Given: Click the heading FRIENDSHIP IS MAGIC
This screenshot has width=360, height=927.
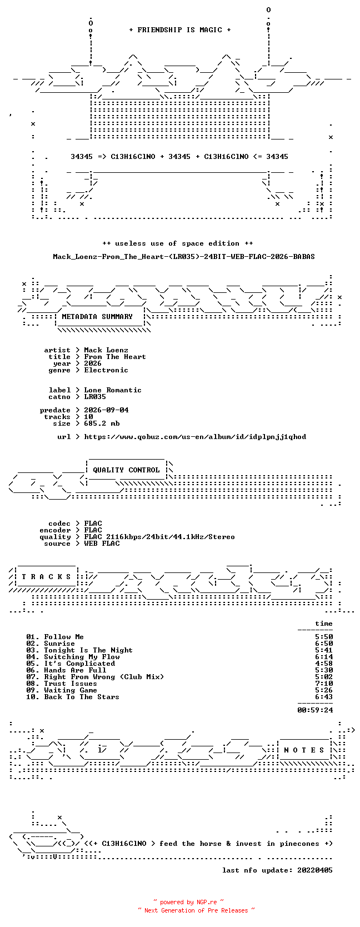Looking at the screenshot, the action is pyautogui.click(x=180, y=30).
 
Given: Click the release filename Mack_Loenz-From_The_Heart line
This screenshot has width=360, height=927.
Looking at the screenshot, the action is pyautogui.click(x=184, y=257).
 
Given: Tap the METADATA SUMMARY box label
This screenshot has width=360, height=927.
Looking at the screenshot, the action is pyautogui.click(x=97, y=317).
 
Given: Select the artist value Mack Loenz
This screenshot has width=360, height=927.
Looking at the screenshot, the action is pyautogui.click(x=106, y=350).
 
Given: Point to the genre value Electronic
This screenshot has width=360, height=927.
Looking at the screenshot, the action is pyautogui.click(x=106, y=370).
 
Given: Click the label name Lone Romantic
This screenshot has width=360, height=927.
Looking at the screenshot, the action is pyautogui.click(x=113, y=390).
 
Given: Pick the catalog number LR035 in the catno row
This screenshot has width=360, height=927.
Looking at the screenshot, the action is pyautogui.click(x=95, y=396).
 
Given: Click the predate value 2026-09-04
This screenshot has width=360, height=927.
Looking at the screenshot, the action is pyautogui.click(x=106, y=410).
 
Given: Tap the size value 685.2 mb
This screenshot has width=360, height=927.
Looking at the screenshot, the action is pyautogui.click(x=102, y=423).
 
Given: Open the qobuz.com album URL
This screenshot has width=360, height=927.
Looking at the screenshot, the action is pyautogui.click(x=195, y=437).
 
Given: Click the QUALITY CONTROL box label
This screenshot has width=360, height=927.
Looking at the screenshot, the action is pyautogui.click(x=126, y=470).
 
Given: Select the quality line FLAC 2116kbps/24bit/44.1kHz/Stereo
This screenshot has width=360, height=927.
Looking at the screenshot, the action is pyautogui.click(x=159, y=537).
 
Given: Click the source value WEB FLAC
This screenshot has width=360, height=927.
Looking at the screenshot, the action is pyautogui.click(x=102, y=544).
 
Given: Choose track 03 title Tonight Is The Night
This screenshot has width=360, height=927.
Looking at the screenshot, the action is pyautogui.click(x=88, y=650).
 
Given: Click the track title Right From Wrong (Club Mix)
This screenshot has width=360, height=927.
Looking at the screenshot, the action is pyautogui.click(x=104, y=676).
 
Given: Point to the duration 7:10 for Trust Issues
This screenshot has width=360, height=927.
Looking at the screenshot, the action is pyautogui.click(x=324, y=683).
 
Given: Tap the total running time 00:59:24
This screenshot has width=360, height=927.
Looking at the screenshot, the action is pyautogui.click(x=315, y=710).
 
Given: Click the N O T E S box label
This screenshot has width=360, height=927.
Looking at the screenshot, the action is pyautogui.click(x=304, y=750).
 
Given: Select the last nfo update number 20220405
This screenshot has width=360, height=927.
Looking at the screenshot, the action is pyautogui.click(x=315, y=870).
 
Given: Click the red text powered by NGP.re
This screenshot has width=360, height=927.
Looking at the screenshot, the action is pyautogui.click(x=188, y=902).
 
